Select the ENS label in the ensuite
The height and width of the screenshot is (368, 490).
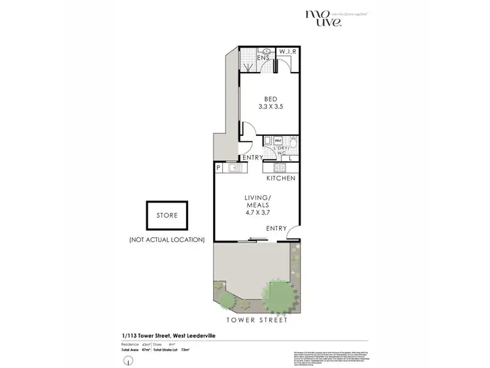point(265,58)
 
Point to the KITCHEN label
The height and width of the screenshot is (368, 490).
point(280,178)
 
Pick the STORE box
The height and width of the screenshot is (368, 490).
point(167,216)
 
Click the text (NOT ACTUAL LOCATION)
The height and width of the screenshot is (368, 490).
point(167,240)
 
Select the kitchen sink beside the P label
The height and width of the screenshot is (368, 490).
point(235,168)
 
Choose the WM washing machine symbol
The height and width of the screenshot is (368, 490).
point(277,141)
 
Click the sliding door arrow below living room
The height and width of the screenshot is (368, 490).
point(260,241)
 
